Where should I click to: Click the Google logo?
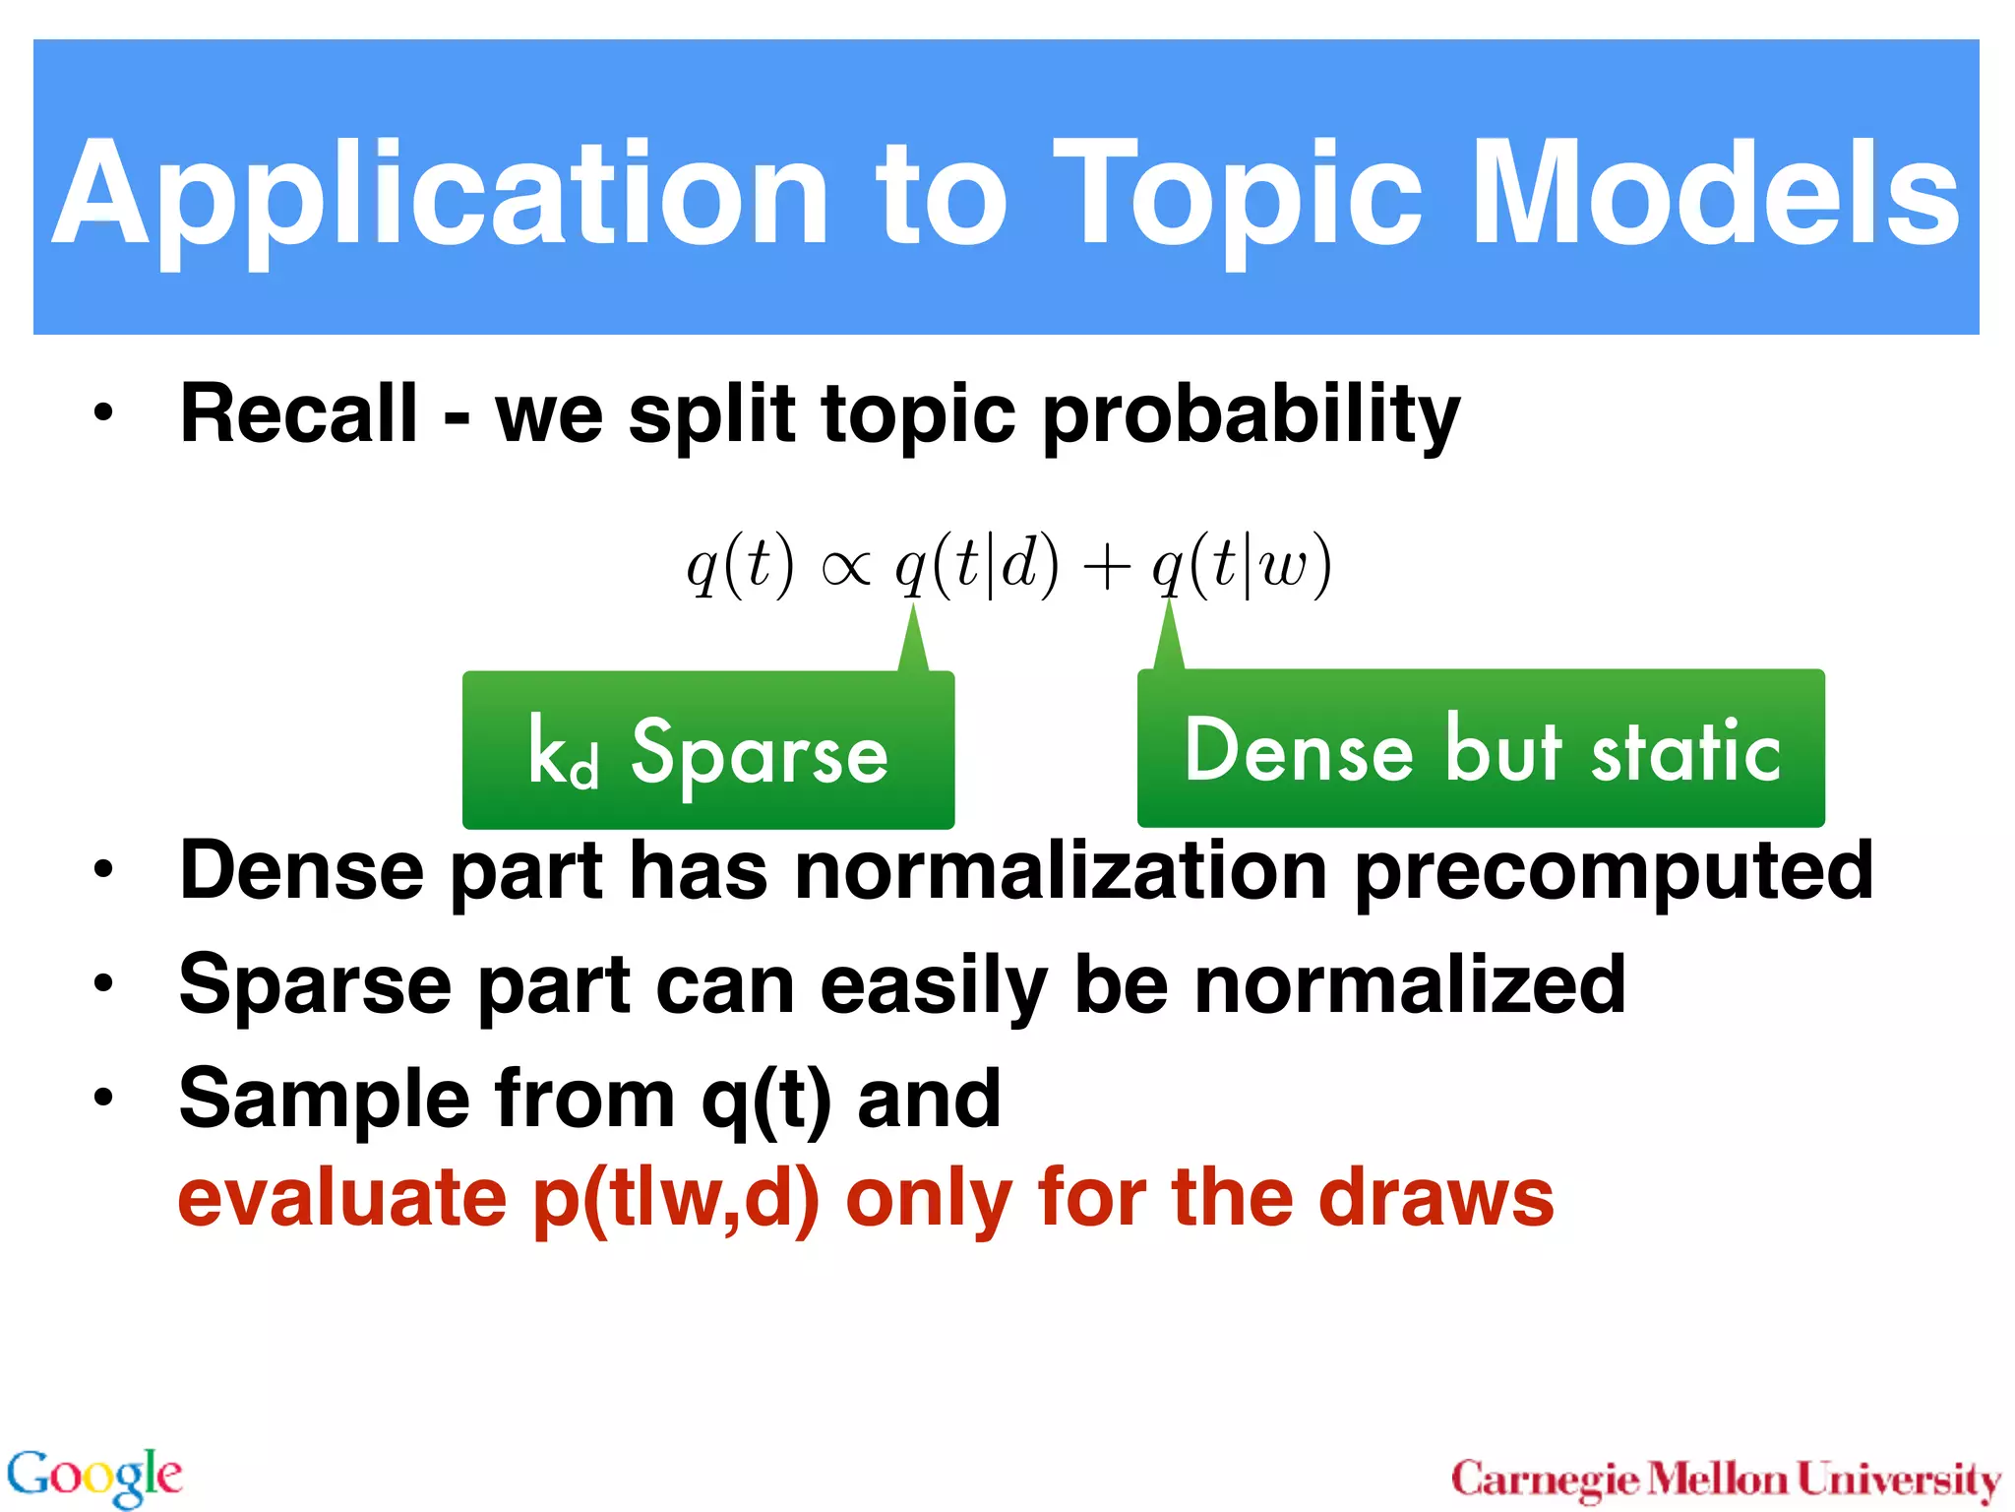coord(94,1476)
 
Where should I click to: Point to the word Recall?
coord(299,414)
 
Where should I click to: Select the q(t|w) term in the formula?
coord(1242,565)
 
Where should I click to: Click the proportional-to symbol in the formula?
coord(845,568)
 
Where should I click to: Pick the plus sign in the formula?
coord(1106,569)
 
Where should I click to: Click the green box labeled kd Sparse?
coord(708,750)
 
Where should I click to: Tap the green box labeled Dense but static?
coord(1481,748)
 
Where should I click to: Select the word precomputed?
coord(1614,872)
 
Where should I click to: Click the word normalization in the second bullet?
coord(1062,871)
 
